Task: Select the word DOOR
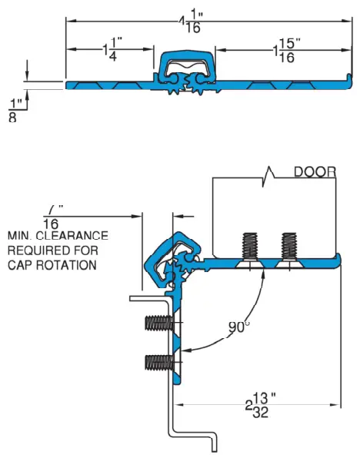pyautogui.click(x=315, y=173)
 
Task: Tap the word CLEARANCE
pyautogui.click(x=74, y=236)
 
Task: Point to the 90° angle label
pyautogui.click(x=239, y=327)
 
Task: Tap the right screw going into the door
pyautogui.click(x=288, y=247)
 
